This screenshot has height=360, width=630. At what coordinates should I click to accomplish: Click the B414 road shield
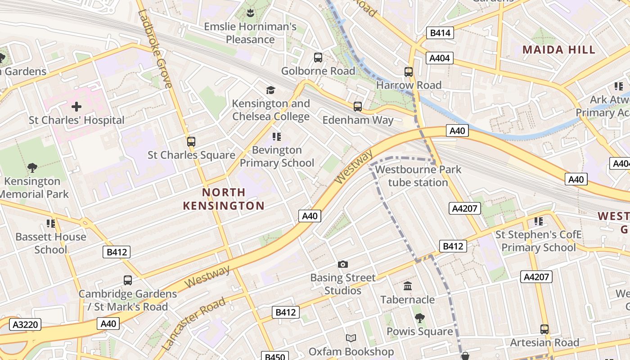[440, 33]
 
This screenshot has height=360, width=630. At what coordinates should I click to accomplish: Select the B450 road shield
[274, 356]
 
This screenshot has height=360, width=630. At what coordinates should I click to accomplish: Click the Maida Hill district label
[559, 49]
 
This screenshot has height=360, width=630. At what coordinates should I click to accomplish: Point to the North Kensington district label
[224, 199]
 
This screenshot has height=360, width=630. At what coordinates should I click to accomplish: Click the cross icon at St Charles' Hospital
[76, 107]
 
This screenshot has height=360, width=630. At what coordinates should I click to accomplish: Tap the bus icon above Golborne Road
[318, 58]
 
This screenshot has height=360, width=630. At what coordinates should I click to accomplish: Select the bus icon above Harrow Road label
[409, 72]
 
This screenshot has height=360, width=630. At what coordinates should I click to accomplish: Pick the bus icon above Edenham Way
[358, 107]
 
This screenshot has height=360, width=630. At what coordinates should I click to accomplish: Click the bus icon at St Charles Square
[191, 142]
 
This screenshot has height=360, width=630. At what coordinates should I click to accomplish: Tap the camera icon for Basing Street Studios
[343, 264]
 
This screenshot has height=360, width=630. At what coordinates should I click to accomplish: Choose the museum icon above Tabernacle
[408, 286]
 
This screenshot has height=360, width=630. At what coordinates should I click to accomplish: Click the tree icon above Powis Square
[419, 318]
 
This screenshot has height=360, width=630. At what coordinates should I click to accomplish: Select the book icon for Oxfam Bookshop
[351, 338]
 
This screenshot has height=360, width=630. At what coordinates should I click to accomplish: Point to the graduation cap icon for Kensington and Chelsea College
[270, 90]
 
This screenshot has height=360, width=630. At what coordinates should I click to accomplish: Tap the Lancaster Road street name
[193, 324]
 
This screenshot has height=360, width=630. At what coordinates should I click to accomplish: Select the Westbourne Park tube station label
[418, 176]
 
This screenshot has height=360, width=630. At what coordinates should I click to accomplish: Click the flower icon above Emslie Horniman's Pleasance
[251, 13]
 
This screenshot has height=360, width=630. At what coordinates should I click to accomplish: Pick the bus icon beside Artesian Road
[544, 329]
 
